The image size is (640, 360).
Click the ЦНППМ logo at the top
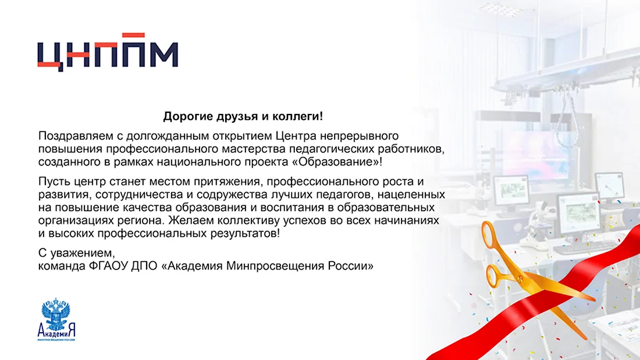pyautogui.click(x=108, y=52)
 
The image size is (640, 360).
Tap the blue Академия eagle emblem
pyautogui.click(x=56, y=313)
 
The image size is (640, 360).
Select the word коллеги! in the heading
pyautogui.click(x=297, y=117)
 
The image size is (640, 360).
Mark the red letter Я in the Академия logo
pyautogui.click(x=72, y=330)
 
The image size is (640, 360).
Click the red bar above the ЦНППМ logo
pyautogui.click(x=133, y=35)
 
